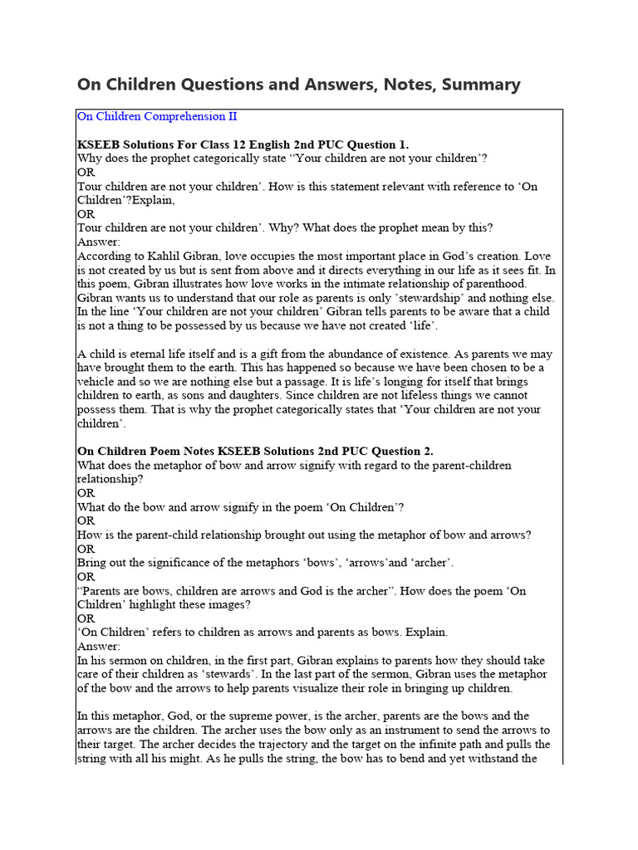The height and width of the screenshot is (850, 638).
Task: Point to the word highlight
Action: [x=154, y=605]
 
